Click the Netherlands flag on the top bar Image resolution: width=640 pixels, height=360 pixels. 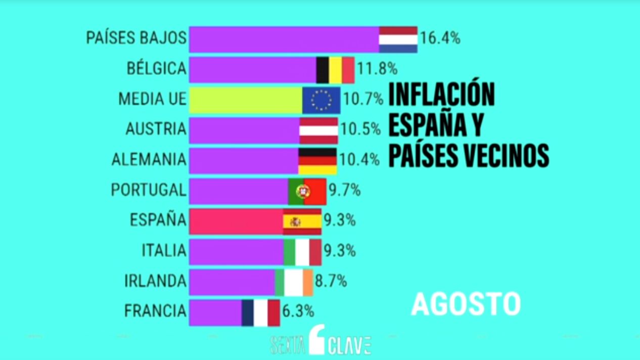pyautogui.click(x=398, y=39)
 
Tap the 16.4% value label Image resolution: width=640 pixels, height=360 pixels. pyautogui.click(x=440, y=38)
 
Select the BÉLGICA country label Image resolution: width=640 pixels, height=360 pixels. pyautogui.click(x=157, y=69)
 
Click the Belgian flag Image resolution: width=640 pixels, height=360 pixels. pyautogui.click(x=335, y=70)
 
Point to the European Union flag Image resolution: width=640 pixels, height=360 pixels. pyautogui.click(x=321, y=100)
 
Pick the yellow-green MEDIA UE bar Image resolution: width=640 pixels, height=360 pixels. pyautogui.click(x=246, y=100)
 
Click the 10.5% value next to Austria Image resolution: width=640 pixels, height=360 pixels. pyautogui.click(x=360, y=129)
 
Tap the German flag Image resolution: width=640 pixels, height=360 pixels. pyautogui.click(x=317, y=161)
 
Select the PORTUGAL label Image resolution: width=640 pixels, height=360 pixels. pyautogui.click(x=149, y=190)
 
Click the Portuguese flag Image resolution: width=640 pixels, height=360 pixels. pyautogui.click(x=307, y=191)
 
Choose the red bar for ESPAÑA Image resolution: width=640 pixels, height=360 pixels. pyautogui.click(x=236, y=221)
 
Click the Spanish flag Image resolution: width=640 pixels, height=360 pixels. pyautogui.click(x=302, y=221)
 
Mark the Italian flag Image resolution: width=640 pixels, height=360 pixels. pyautogui.click(x=302, y=252)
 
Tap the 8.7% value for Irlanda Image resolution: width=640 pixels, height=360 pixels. pyautogui.click(x=331, y=281)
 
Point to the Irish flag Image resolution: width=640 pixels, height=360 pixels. pyautogui.click(x=294, y=282)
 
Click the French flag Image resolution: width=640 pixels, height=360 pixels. pyautogui.click(x=260, y=312)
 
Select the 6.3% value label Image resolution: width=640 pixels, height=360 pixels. pyautogui.click(x=298, y=310)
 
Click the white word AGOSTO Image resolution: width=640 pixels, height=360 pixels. pyautogui.click(x=466, y=304)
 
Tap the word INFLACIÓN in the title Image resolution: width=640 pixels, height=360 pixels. pyautogui.click(x=441, y=95)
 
